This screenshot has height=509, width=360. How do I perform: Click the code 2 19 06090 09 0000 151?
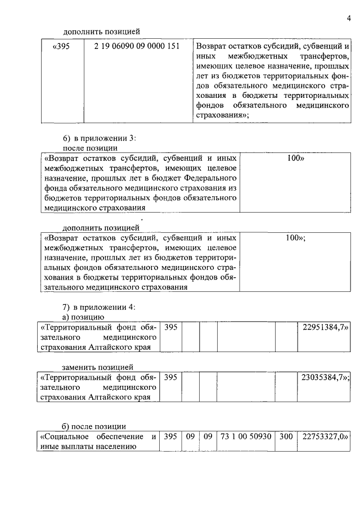point(137,46)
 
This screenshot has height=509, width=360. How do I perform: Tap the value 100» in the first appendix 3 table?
point(295,159)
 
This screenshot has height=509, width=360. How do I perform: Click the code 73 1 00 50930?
point(246,436)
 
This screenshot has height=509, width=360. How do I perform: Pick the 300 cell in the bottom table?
point(286,436)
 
